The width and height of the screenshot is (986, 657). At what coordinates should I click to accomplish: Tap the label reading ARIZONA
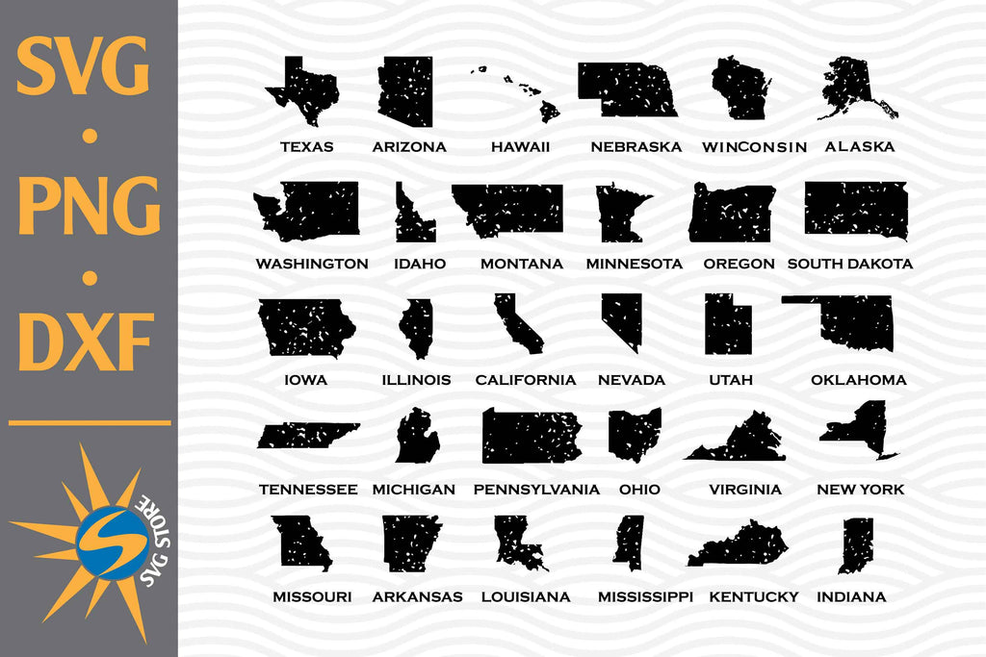pyautogui.click(x=409, y=147)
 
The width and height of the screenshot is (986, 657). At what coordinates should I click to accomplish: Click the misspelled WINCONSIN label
pyautogui.click(x=754, y=147)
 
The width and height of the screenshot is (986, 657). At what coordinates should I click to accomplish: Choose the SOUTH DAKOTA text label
pyautogui.click(x=849, y=264)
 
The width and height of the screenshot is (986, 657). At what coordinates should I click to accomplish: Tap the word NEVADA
pyautogui.click(x=631, y=380)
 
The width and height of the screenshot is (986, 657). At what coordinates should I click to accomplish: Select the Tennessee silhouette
pyautogui.click(x=306, y=436)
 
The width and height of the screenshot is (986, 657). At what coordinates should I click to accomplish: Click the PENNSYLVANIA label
pyautogui.click(x=536, y=490)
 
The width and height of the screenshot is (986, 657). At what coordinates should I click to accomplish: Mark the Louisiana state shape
pyautogui.click(x=518, y=544)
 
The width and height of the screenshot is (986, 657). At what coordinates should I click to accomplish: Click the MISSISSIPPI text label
pyautogui.click(x=645, y=596)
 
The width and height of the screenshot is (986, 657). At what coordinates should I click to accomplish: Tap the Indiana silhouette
pyautogui.click(x=855, y=544)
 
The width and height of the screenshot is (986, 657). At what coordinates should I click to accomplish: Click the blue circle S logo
pyautogui.click(x=113, y=543)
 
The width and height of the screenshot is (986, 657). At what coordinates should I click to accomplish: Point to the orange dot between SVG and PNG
pyautogui.click(x=90, y=136)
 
